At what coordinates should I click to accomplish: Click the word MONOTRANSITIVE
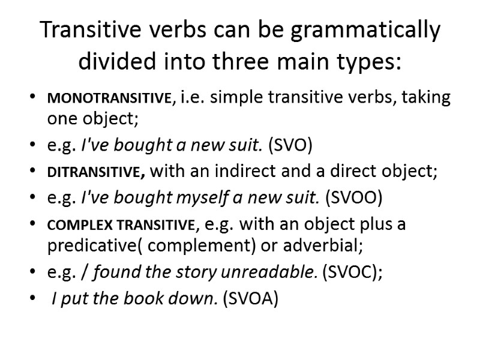(109, 99)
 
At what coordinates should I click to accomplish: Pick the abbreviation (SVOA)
(250, 299)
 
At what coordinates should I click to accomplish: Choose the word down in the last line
(197, 299)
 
